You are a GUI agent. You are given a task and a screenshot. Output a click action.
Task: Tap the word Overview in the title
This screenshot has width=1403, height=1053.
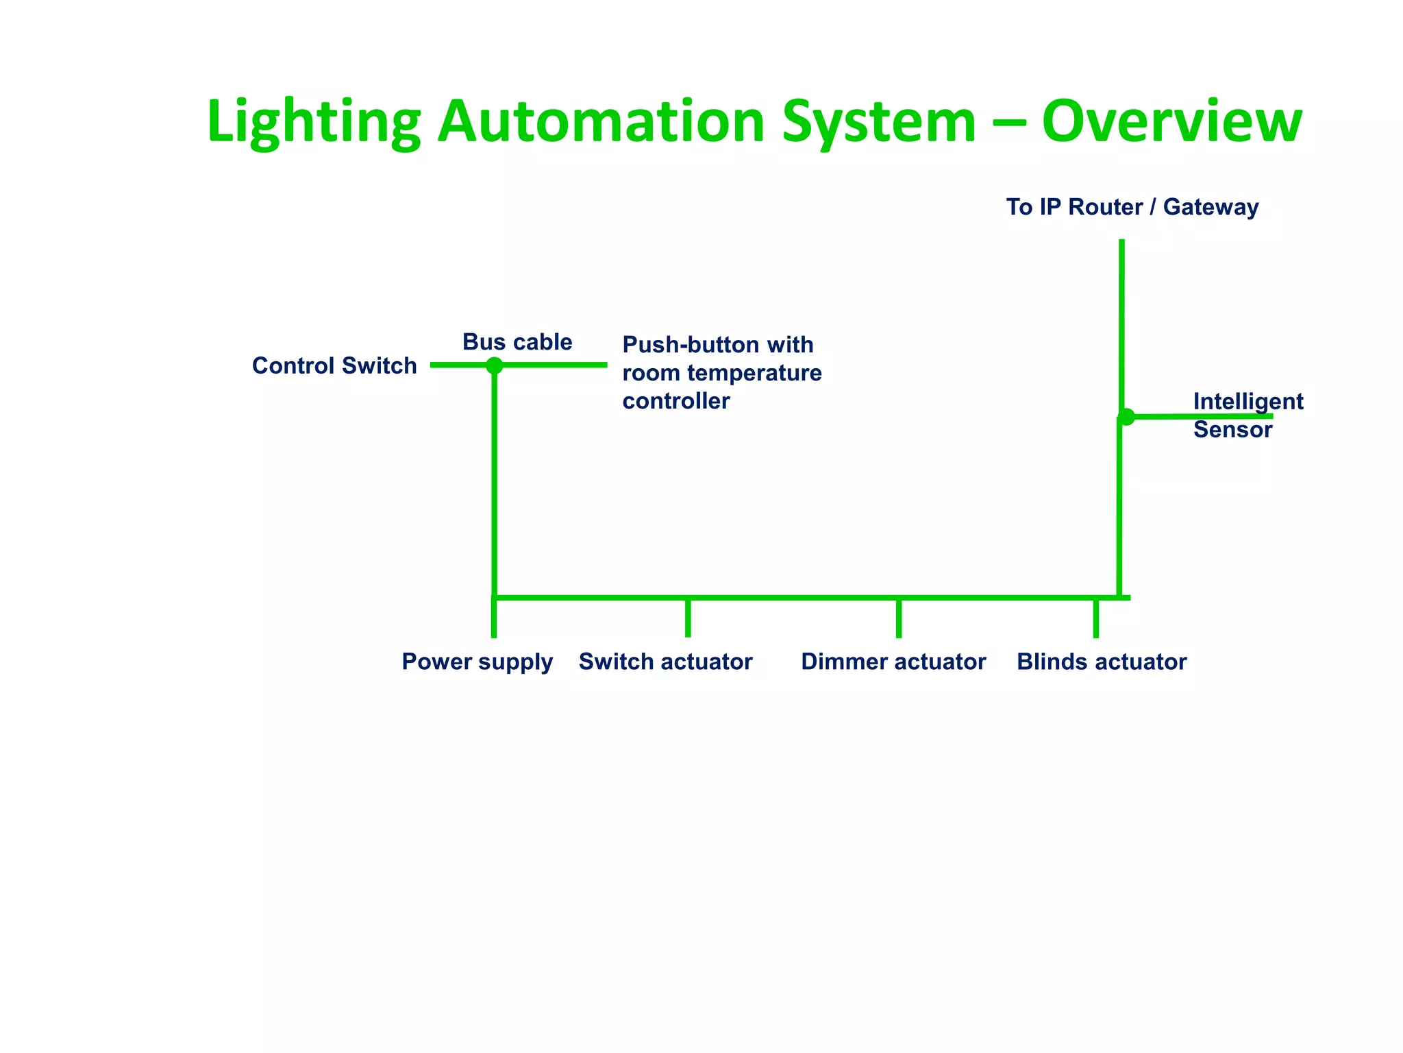[1171, 122]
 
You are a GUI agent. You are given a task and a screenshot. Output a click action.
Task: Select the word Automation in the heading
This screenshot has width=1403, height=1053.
[601, 122]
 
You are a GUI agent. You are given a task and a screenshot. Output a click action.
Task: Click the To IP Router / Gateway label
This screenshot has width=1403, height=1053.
[1132, 207]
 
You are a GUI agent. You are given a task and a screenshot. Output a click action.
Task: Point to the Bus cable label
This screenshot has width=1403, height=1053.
[517, 341]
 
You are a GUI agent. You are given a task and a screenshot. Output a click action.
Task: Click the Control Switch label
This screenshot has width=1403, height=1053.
[334, 365]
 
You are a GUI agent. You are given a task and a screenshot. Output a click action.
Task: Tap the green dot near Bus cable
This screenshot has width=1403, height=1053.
[494, 365]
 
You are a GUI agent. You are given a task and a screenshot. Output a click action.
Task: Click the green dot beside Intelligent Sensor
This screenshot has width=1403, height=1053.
[1126, 416]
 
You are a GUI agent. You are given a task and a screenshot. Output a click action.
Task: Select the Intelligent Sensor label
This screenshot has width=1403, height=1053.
[1247, 415]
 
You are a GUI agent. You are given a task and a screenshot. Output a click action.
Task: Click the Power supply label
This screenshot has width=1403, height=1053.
[477, 662]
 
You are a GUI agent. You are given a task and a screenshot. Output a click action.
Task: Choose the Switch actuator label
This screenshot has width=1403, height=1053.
[665, 662]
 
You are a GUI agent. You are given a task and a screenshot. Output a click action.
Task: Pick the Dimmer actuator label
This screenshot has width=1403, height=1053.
[893, 662]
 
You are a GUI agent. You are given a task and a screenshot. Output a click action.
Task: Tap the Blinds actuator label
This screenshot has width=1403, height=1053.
[1102, 662]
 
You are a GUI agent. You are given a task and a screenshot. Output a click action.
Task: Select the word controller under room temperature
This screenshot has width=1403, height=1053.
[675, 401]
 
